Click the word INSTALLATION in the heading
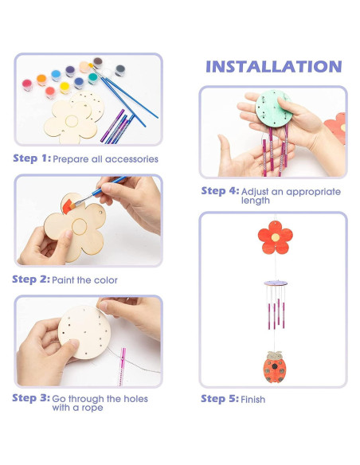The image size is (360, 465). (274, 66)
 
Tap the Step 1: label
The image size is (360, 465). (32, 158)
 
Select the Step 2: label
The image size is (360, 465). (31, 279)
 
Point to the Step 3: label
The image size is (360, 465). (31, 398)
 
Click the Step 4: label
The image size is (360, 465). (220, 191)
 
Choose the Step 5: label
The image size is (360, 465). (220, 399)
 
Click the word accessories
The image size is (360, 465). (131, 159)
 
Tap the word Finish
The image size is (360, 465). (253, 400)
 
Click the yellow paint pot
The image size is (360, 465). (65, 88)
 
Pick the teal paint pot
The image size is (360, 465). (93, 78)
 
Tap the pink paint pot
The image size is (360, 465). (27, 85)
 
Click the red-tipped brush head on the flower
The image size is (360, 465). (68, 206)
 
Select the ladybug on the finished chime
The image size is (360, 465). (275, 367)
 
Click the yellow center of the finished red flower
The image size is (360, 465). (276, 237)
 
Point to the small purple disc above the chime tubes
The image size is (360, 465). (276, 283)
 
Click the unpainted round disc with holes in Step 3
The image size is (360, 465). (84, 332)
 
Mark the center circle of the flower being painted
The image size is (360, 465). (79, 227)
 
